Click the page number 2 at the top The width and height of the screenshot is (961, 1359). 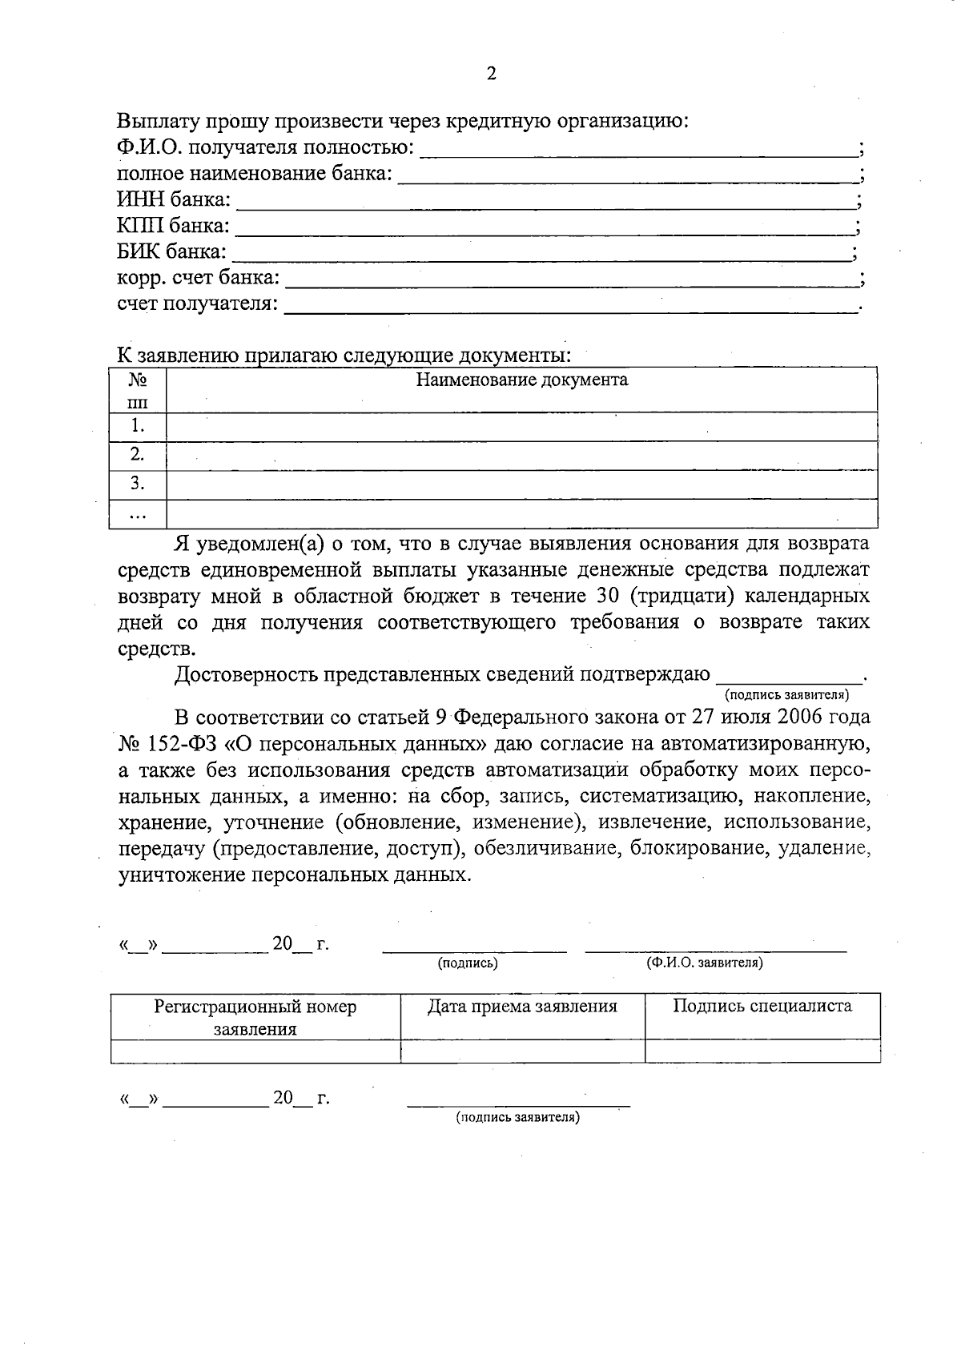pos(491,74)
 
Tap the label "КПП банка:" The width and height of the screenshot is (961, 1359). pos(173,226)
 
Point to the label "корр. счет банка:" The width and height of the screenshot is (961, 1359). pos(198,278)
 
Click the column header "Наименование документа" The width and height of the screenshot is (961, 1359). pos(521,380)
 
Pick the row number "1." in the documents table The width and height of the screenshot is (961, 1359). pos(138,426)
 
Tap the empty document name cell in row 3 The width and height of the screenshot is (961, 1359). pos(521,484)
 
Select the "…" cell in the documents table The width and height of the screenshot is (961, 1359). pos(138,515)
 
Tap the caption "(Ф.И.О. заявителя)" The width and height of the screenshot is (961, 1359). pos(704,963)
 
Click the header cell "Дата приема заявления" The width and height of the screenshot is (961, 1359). pos(522,1007)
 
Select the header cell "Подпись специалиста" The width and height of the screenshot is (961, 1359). pos(762,1006)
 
